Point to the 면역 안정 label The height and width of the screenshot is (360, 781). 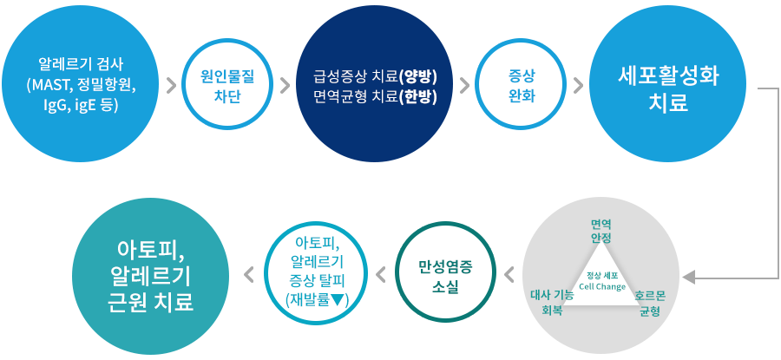click(601, 230)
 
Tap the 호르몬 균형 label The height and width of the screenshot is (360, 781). click(650, 304)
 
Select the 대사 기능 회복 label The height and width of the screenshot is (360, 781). click(552, 304)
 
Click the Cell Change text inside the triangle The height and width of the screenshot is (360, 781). click(602, 287)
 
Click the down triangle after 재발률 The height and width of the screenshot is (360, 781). click(336, 300)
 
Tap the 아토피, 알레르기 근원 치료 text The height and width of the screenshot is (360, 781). click(150, 275)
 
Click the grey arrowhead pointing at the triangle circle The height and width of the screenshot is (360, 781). click(688, 277)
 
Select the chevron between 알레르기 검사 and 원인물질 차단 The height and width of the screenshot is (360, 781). click(171, 86)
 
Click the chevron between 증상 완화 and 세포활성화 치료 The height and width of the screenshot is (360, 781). click(578, 86)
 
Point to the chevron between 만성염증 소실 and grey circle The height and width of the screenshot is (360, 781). click(509, 273)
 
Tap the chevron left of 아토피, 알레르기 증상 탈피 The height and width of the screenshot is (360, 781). click(248, 273)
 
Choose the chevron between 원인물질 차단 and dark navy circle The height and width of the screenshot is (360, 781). click(285, 86)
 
